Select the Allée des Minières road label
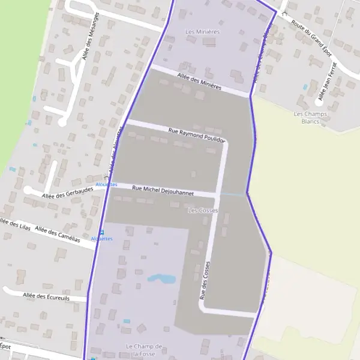pos(200,82)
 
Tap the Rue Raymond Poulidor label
pos(196,134)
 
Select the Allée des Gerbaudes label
pos(67,191)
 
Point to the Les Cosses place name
pos(203,211)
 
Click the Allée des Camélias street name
pos(58,233)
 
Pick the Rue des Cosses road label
pos(205,281)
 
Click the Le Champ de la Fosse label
pos(145,350)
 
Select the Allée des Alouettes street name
pos(115,151)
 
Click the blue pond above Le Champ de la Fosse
pos(161,278)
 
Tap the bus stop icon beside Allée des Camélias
pos(101,233)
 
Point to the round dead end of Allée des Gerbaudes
pos(28,190)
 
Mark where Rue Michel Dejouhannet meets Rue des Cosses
pos(215,194)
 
